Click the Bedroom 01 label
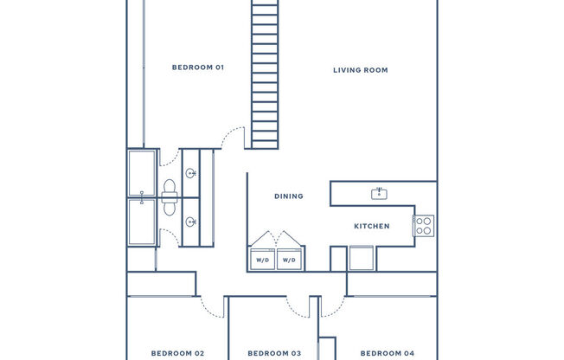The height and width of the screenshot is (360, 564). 198,67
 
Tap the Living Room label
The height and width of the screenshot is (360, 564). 361,70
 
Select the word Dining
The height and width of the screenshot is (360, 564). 289,196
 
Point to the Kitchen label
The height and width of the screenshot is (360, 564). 372,226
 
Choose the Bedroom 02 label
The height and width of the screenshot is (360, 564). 177,354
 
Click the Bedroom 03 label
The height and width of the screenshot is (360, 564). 274,354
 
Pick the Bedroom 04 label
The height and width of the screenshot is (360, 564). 388,354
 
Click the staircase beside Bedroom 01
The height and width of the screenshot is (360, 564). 265,74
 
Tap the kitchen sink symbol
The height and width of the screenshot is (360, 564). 379,194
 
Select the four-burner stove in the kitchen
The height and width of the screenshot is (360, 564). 424,226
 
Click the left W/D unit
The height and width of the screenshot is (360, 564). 263,259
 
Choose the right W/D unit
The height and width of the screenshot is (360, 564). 289,259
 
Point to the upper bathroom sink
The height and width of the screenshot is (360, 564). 191,174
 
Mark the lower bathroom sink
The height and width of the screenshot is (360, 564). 191,222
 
